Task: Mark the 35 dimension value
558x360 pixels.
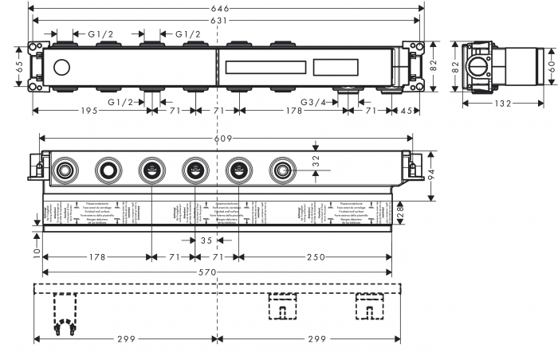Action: coord(206,240)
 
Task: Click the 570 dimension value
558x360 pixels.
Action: coord(217,273)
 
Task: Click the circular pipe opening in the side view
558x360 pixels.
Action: coord(479,67)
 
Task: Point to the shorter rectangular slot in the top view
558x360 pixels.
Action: coord(339,67)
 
